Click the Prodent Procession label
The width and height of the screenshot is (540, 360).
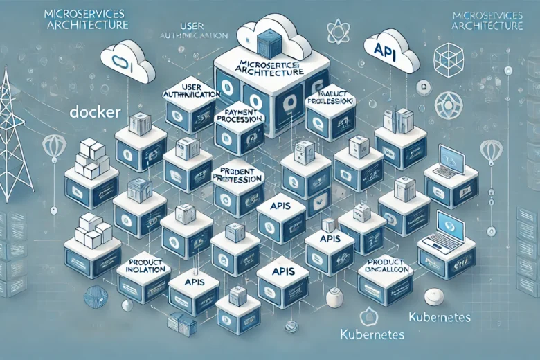pyautogui.click(x=237, y=174)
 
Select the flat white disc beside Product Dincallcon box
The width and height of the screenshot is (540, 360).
pyautogui.click(x=434, y=294)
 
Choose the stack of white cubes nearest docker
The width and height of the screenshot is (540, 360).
pyautogui.click(x=90, y=159)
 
